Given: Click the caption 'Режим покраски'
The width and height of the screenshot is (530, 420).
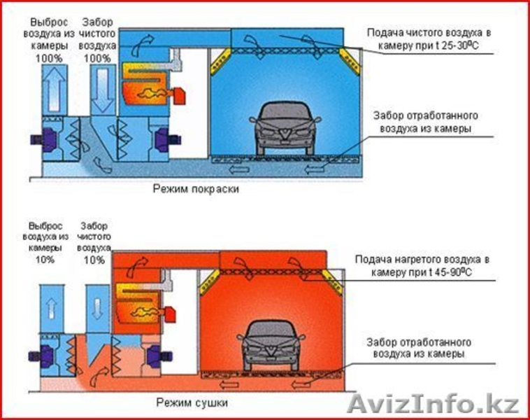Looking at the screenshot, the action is pyautogui.click(x=196, y=188).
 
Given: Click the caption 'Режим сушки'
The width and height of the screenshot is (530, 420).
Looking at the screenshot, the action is pyautogui.click(x=192, y=402).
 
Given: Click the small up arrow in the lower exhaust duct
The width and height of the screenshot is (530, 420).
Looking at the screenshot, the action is pyautogui.click(x=51, y=308).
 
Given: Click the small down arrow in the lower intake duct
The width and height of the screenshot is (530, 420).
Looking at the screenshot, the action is pyautogui.click(x=97, y=309).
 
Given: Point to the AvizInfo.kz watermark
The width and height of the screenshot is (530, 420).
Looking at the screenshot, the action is pyautogui.click(x=434, y=405).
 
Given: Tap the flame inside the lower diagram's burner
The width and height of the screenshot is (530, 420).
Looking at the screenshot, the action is pyautogui.click(x=144, y=313).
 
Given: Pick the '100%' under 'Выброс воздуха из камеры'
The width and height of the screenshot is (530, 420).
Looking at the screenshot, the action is pyautogui.click(x=49, y=58).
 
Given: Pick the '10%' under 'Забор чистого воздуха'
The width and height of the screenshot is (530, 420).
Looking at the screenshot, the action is pyautogui.click(x=94, y=260).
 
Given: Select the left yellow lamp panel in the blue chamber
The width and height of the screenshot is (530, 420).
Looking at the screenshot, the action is pyautogui.click(x=220, y=61).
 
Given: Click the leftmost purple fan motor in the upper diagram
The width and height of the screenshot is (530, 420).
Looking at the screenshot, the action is pyautogui.click(x=44, y=139).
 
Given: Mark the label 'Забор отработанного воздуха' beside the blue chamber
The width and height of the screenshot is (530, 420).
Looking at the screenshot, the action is pyautogui.click(x=425, y=122).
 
